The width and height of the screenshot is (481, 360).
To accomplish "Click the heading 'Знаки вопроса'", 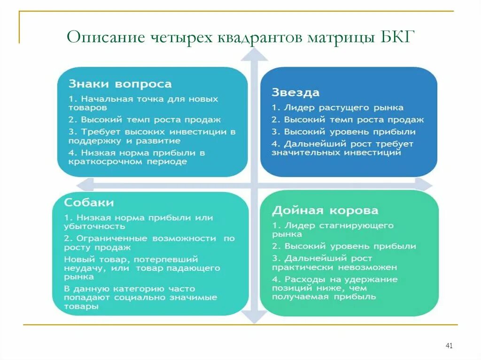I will click(x=120, y=84).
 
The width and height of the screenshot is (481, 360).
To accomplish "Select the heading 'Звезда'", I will click(x=295, y=92).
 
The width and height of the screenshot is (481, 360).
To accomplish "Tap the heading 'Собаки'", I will click(x=89, y=203).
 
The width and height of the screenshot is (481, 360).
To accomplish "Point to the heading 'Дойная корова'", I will click(x=325, y=211).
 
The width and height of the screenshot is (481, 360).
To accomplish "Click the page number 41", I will click(x=449, y=346).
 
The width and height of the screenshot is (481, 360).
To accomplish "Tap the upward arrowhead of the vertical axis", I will click(x=254, y=55).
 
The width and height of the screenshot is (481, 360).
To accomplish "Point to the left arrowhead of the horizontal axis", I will click(x=84, y=184).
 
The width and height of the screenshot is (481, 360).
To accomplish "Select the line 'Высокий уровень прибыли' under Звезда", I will click(x=343, y=132).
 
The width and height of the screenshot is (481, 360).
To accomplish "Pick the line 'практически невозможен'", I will click(x=334, y=267).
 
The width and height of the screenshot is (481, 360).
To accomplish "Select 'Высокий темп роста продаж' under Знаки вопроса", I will click(x=145, y=120).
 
